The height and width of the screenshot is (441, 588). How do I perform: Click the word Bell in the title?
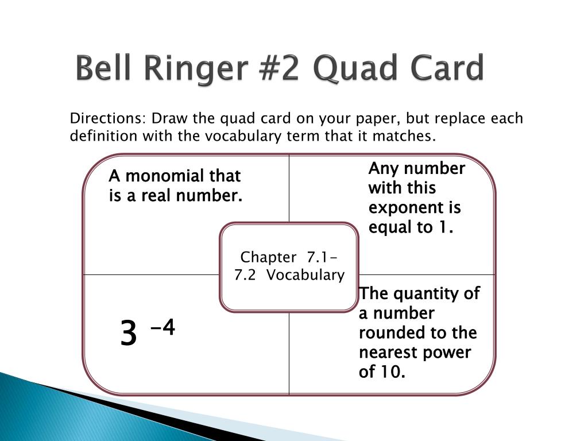[103, 69]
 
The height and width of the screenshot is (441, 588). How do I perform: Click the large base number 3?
[129, 334]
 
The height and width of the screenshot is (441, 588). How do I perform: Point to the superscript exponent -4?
[163, 328]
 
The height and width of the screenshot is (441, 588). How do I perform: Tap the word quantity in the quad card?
[418, 294]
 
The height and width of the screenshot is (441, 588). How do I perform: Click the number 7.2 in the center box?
[245, 275]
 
